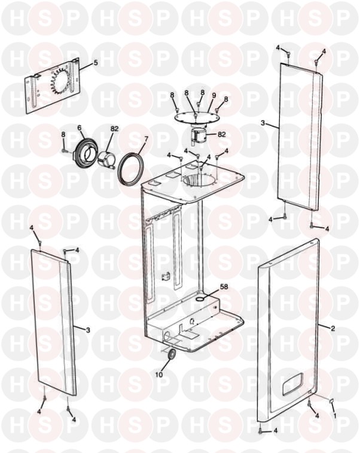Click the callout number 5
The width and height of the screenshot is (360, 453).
pos(96,63)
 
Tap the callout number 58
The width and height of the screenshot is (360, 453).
pos(224,287)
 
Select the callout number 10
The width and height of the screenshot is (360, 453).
pos(159,375)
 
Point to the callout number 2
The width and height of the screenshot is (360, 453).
pos(332,328)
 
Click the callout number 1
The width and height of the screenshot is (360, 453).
pos(335,415)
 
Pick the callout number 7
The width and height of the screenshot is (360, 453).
pos(146,139)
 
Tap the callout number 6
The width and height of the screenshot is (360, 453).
pos(80,127)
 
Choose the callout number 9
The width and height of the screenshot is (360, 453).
pos(214,95)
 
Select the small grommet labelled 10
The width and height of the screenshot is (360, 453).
pos(172,354)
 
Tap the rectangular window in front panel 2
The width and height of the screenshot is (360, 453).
pos(292,384)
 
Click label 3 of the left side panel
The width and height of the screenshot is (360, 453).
pos(88,330)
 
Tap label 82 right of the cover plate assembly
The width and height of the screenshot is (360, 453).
pos(222,134)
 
